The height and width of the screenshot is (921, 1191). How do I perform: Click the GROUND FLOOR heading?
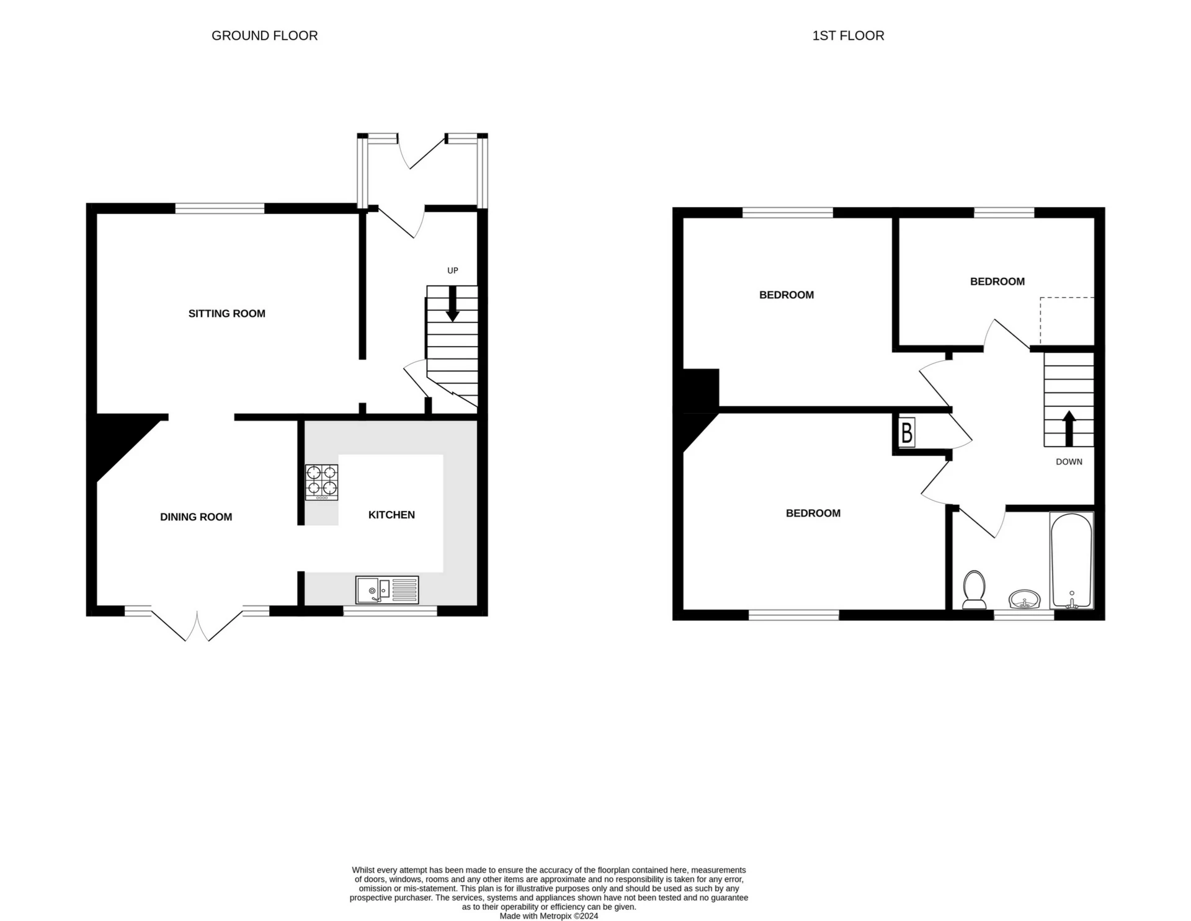pos(265,36)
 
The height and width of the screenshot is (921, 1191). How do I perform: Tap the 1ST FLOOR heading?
pos(848,36)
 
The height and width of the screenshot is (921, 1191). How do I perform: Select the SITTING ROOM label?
pos(227,314)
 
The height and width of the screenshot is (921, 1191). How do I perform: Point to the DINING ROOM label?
pos(196,517)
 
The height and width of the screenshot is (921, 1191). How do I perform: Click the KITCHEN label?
pos(391,515)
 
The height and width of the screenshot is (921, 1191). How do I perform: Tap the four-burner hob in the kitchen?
pos(322,483)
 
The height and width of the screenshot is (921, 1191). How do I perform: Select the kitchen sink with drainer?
pos(388,590)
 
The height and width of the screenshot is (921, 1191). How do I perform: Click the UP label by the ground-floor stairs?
pos(453,270)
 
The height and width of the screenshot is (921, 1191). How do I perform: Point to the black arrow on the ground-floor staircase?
pos(453,303)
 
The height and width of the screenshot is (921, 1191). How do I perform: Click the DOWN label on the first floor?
pos(1069,462)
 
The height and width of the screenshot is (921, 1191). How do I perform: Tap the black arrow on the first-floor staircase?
pos(1069,429)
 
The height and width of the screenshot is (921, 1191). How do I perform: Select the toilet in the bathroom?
pos(975,590)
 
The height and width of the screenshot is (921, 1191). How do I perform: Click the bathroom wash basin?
pos(1024,600)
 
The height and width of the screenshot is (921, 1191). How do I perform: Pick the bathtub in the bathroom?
pos(1071,560)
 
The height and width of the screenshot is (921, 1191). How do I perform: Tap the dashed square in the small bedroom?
pos(1067,321)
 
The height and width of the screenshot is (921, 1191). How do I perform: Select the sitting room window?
pos(220,208)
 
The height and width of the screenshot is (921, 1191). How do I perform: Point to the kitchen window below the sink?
pos(390,611)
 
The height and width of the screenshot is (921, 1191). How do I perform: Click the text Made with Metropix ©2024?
pos(549,916)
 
